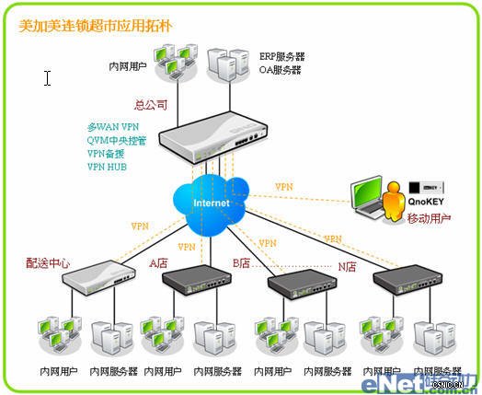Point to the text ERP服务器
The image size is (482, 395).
point(281,56)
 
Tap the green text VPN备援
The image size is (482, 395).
point(108,153)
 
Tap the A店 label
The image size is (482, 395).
point(159,262)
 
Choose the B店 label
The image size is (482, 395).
point(241,263)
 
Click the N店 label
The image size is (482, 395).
point(347,267)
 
